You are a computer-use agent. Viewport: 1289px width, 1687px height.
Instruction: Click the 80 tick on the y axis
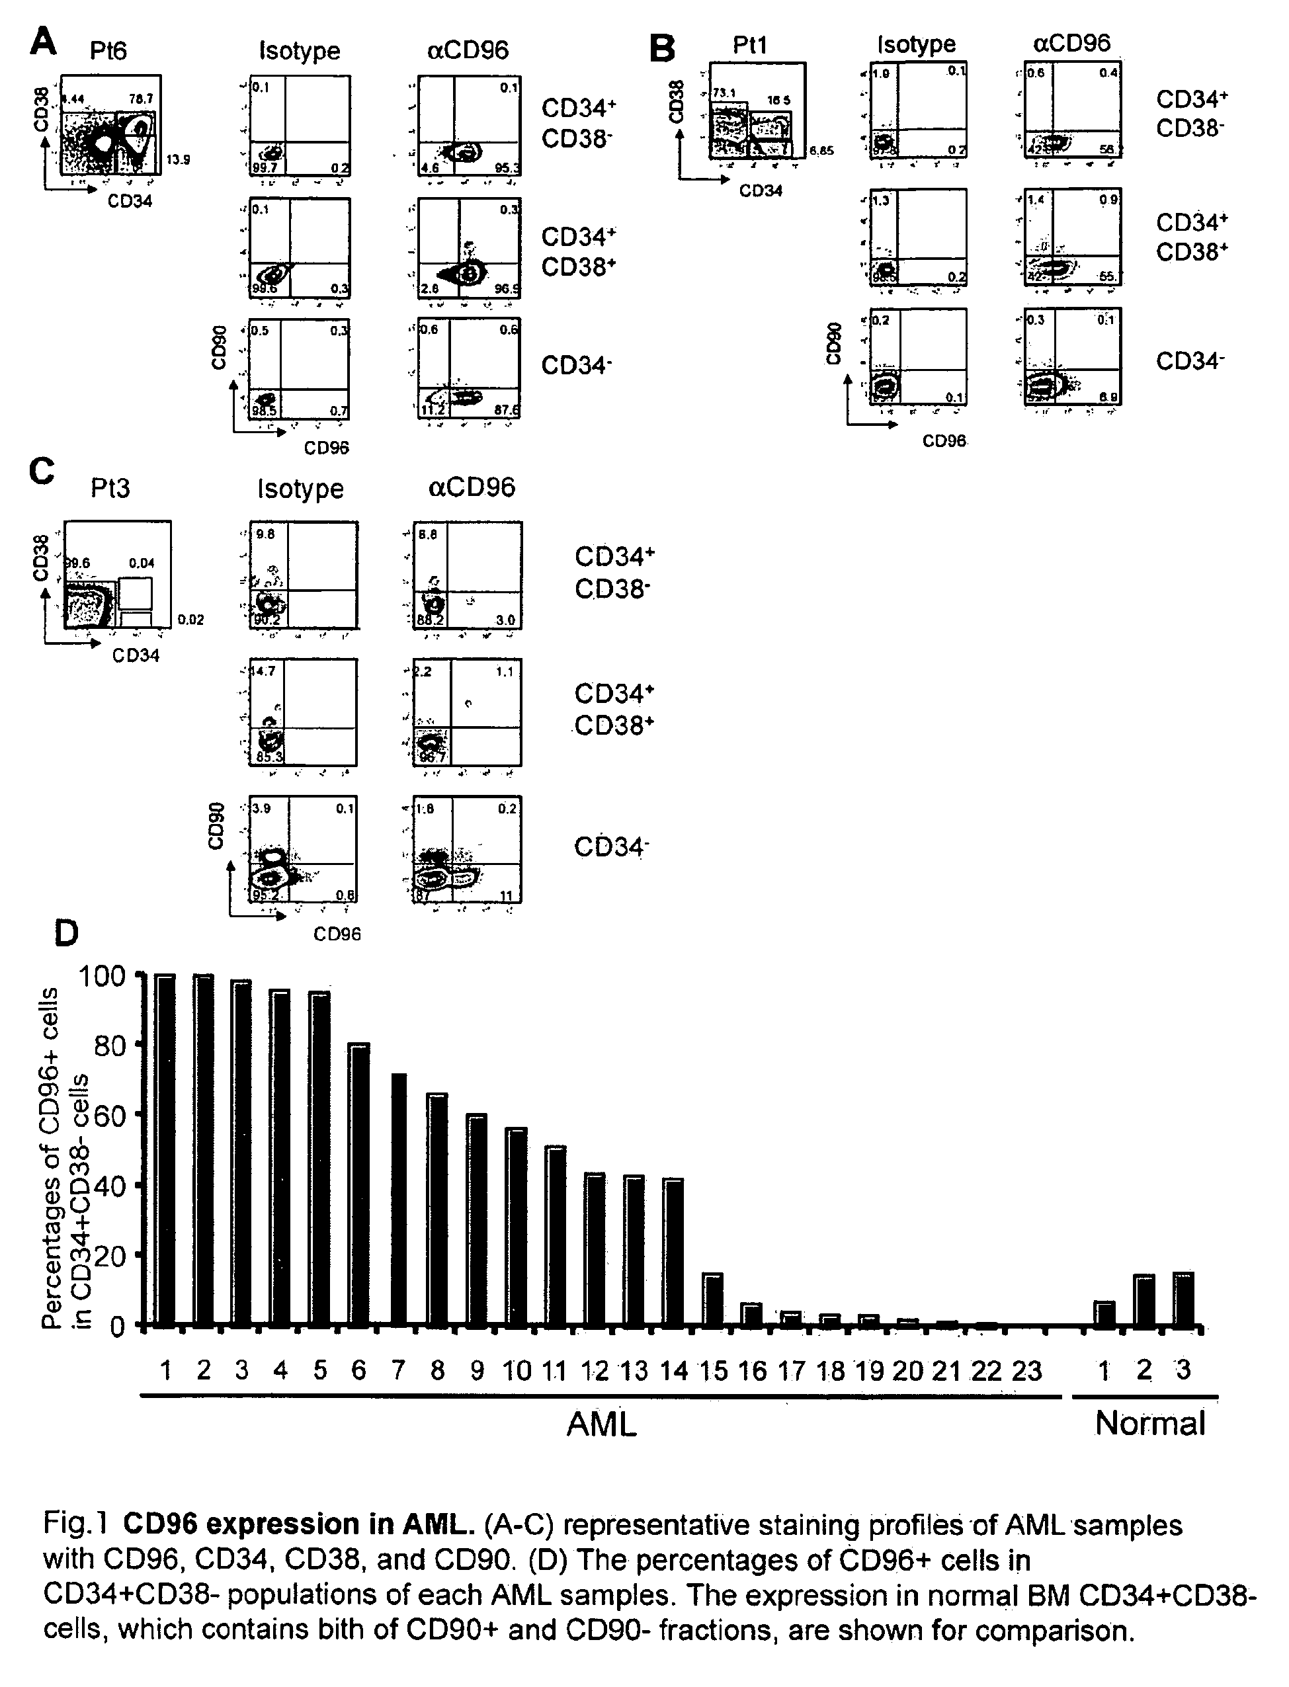point(110,1046)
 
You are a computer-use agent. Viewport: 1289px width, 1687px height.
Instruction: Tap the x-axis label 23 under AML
point(1026,1370)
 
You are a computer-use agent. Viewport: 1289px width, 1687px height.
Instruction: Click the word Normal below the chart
point(1150,1424)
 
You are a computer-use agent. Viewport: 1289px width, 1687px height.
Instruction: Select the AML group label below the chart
point(602,1424)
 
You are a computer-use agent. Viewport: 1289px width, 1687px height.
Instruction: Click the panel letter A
point(44,42)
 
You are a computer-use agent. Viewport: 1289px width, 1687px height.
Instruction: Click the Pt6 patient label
point(108,51)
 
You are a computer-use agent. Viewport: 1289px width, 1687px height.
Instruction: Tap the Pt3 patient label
point(110,488)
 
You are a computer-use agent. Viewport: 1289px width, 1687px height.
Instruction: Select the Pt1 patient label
point(749,44)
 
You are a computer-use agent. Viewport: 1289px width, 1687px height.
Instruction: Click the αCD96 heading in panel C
point(471,487)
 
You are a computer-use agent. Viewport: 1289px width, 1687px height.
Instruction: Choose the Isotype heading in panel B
point(917,44)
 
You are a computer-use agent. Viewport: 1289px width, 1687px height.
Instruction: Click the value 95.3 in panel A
point(507,168)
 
